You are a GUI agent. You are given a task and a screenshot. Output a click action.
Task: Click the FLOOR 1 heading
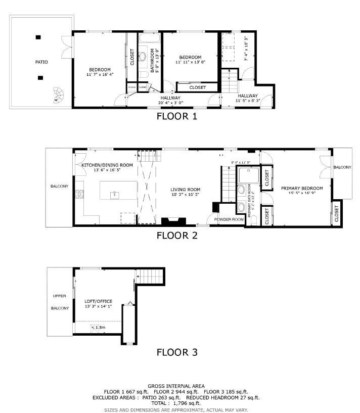click(x=176, y=116)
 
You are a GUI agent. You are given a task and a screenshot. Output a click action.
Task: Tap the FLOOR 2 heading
click(x=176, y=235)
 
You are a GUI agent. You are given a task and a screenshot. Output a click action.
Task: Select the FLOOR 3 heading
click(x=176, y=352)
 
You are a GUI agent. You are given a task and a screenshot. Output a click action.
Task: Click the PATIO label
click(x=41, y=62)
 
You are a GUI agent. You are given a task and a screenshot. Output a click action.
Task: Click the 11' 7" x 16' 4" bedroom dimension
click(x=100, y=75)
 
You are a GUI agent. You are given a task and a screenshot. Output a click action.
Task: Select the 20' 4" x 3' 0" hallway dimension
click(x=170, y=103)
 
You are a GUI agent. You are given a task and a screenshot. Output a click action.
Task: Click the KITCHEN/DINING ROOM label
click(x=107, y=165)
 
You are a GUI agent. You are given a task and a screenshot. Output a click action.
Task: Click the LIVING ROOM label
click(x=186, y=189)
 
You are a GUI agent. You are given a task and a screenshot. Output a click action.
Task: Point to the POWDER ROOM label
click(x=229, y=219)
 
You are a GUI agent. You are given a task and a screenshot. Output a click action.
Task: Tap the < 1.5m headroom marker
click(x=98, y=328)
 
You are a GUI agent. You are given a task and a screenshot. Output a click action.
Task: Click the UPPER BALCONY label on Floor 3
click(x=60, y=302)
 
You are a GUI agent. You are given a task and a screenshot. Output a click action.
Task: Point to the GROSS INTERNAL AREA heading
click(x=176, y=386)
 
